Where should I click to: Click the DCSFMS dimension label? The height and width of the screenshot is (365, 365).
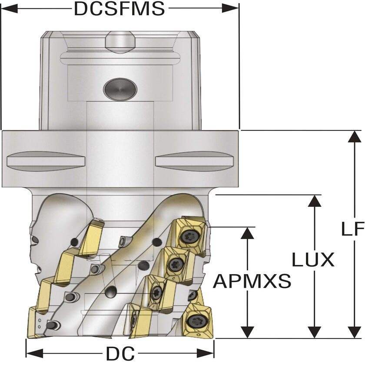[119, 9]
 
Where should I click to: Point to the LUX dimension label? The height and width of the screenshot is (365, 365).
[313, 260]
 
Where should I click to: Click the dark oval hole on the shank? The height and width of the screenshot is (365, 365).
[120, 89]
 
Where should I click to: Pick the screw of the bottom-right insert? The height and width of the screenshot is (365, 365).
[195, 321]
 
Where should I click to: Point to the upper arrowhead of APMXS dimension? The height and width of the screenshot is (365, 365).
[247, 233]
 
